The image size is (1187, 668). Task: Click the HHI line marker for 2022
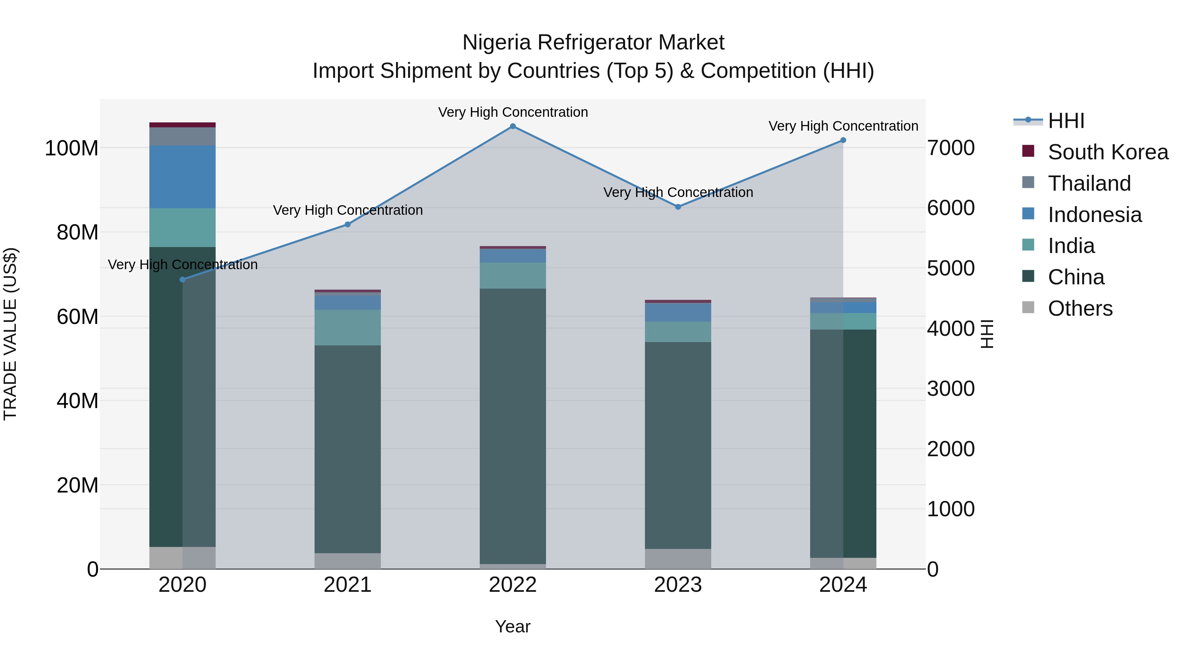point(512,126)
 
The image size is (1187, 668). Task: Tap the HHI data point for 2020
point(182,279)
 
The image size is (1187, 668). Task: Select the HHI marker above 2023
point(678,207)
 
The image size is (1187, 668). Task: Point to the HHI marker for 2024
point(843,140)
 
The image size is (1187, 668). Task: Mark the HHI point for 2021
point(348,225)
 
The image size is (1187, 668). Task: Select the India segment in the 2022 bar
point(512,276)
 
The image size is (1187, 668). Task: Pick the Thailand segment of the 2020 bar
point(182,137)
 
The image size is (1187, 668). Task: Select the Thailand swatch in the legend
point(1028,182)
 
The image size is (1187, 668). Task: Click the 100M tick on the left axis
point(72,148)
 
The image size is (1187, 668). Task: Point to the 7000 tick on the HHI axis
point(951,148)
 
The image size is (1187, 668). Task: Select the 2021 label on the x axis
point(348,585)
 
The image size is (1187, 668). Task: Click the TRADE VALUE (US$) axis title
point(10,334)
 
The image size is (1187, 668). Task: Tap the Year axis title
point(512,626)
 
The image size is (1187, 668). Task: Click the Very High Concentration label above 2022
point(512,112)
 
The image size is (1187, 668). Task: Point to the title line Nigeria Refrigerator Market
point(593,43)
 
